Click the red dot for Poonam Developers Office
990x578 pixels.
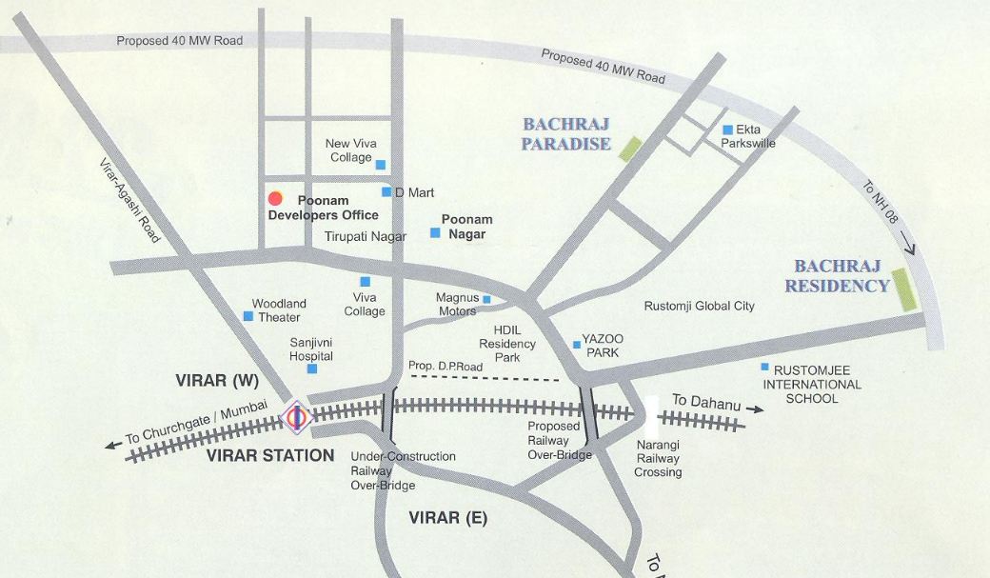(275, 198)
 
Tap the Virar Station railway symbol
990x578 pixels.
(296, 416)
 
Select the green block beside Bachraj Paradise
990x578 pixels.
(629, 148)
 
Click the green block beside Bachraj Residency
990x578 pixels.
(903, 289)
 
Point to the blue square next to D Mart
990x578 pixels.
(386, 192)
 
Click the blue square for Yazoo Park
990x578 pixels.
(576, 345)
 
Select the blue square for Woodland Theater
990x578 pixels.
(248, 316)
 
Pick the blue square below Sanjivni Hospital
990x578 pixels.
(312, 369)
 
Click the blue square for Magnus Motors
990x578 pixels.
(486, 300)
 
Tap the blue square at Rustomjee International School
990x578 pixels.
(764, 367)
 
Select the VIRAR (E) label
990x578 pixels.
(447, 518)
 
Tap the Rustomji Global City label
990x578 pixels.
(699, 306)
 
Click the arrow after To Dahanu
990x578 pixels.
(754, 409)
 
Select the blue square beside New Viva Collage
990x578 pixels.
(381, 165)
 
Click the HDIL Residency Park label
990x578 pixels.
(507, 344)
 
